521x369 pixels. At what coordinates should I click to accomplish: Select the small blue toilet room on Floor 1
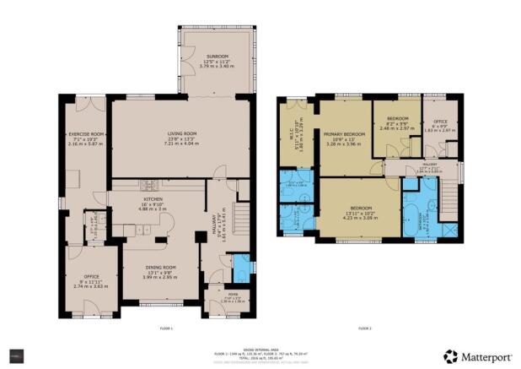[242, 269]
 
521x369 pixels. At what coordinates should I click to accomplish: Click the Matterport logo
[475, 356]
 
